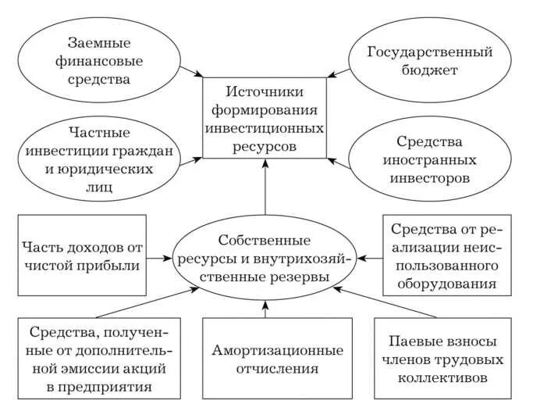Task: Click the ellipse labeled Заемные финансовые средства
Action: (98, 61)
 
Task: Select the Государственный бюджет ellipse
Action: (432, 61)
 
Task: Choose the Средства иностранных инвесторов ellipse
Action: (432, 159)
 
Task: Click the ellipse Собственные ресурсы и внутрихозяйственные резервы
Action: (265, 257)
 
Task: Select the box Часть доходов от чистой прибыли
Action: (81, 256)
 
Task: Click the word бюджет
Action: (432, 70)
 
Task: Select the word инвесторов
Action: (432, 177)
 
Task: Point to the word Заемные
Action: (98, 43)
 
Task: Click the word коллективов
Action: (442, 377)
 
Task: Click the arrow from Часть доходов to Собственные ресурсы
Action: (160, 256)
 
